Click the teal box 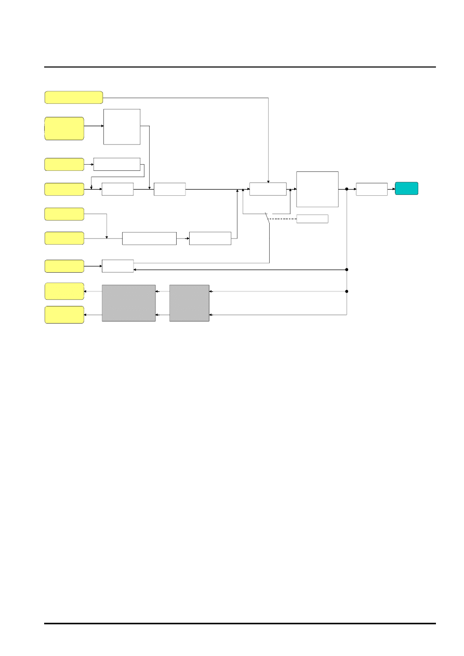click(x=406, y=189)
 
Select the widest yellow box click(x=74, y=97)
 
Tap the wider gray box click(x=128, y=303)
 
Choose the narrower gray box click(x=189, y=303)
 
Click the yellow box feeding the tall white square click(x=64, y=128)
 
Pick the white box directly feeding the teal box click(x=372, y=189)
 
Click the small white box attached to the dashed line click(x=312, y=219)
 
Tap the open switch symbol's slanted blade click(x=268, y=218)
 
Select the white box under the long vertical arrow click(x=268, y=189)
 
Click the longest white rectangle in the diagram click(x=149, y=238)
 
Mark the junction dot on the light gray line click(x=347, y=291)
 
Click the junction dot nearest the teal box click(x=347, y=189)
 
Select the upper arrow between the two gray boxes click(x=163, y=291)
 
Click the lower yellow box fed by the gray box click(x=64, y=315)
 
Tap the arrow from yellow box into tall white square click(x=94, y=126)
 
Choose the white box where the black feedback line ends click(x=117, y=266)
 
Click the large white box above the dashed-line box click(x=317, y=189)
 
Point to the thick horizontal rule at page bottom click(x=240, y=623)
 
